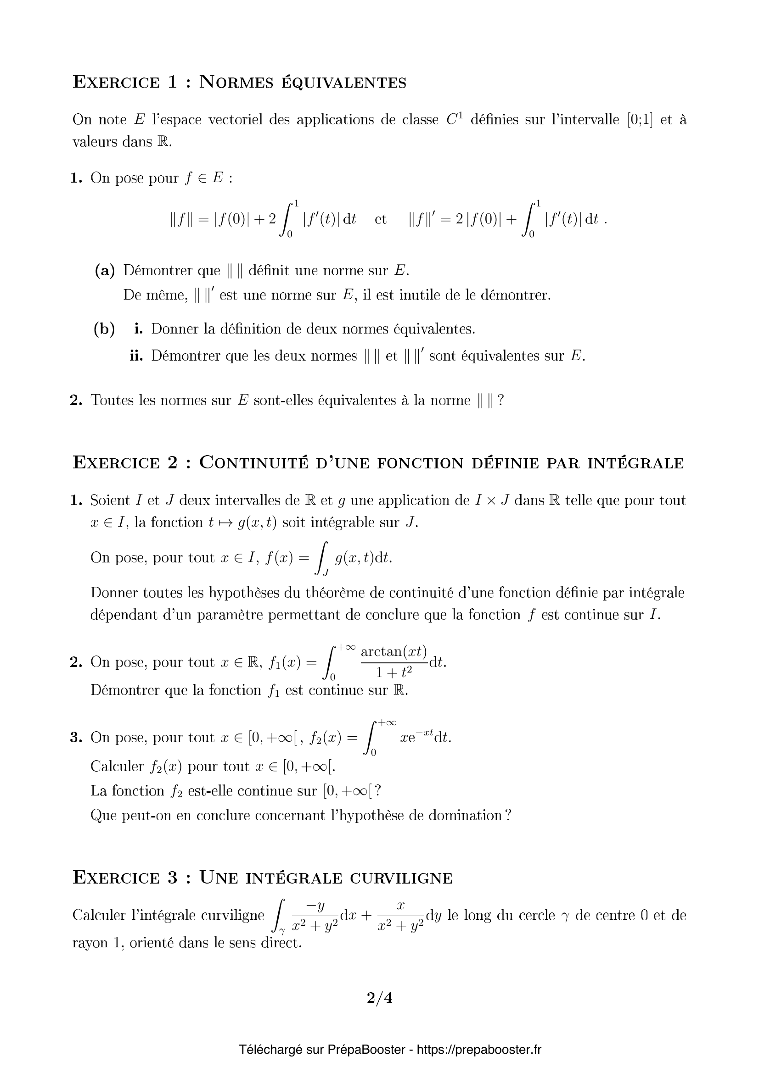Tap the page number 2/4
pos(379,998)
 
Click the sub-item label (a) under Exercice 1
pos(105,271)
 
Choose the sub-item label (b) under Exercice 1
pos(104,329)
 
